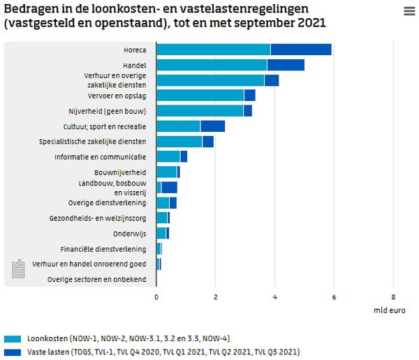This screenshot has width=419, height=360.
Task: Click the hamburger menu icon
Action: pyautogui.click(x=409, y=11)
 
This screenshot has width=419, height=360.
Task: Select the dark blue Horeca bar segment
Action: pyautogui.click(x=300, y=50)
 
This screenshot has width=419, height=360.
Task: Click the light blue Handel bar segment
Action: pyautogui.click(x=211, y=65)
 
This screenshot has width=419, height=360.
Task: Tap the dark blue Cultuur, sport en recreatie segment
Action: pyautogui.click(x=212, y=126)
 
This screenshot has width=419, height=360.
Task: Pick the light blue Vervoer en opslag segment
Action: pyautogui.click(x=200, y=96)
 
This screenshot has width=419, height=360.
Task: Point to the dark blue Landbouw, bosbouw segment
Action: pyautogui.click(x=169, y=187)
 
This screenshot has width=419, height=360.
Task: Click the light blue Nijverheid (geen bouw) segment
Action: pyautogui.click(x=200, y=111)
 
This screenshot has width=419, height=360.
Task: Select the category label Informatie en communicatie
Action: pyautogui.click(x=101, y=157)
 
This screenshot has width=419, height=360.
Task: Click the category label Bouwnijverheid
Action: pyautogui.click(x=120, y=172)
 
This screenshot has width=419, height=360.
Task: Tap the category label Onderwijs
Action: pyautogui.click(x=130, y=234)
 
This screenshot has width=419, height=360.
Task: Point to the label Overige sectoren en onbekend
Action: pyautogui.click(x=97, y=280)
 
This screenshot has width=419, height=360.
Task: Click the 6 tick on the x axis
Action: pyautogui.click(x=334, y=296)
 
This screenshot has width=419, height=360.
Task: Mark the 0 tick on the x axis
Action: pyautogui.click(x=156, y=296)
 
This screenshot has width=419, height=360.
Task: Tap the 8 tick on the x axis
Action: pyautogui.click(x=393, y=296)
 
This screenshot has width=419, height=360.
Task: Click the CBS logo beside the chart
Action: pyautogui.click(x=17, y=269)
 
